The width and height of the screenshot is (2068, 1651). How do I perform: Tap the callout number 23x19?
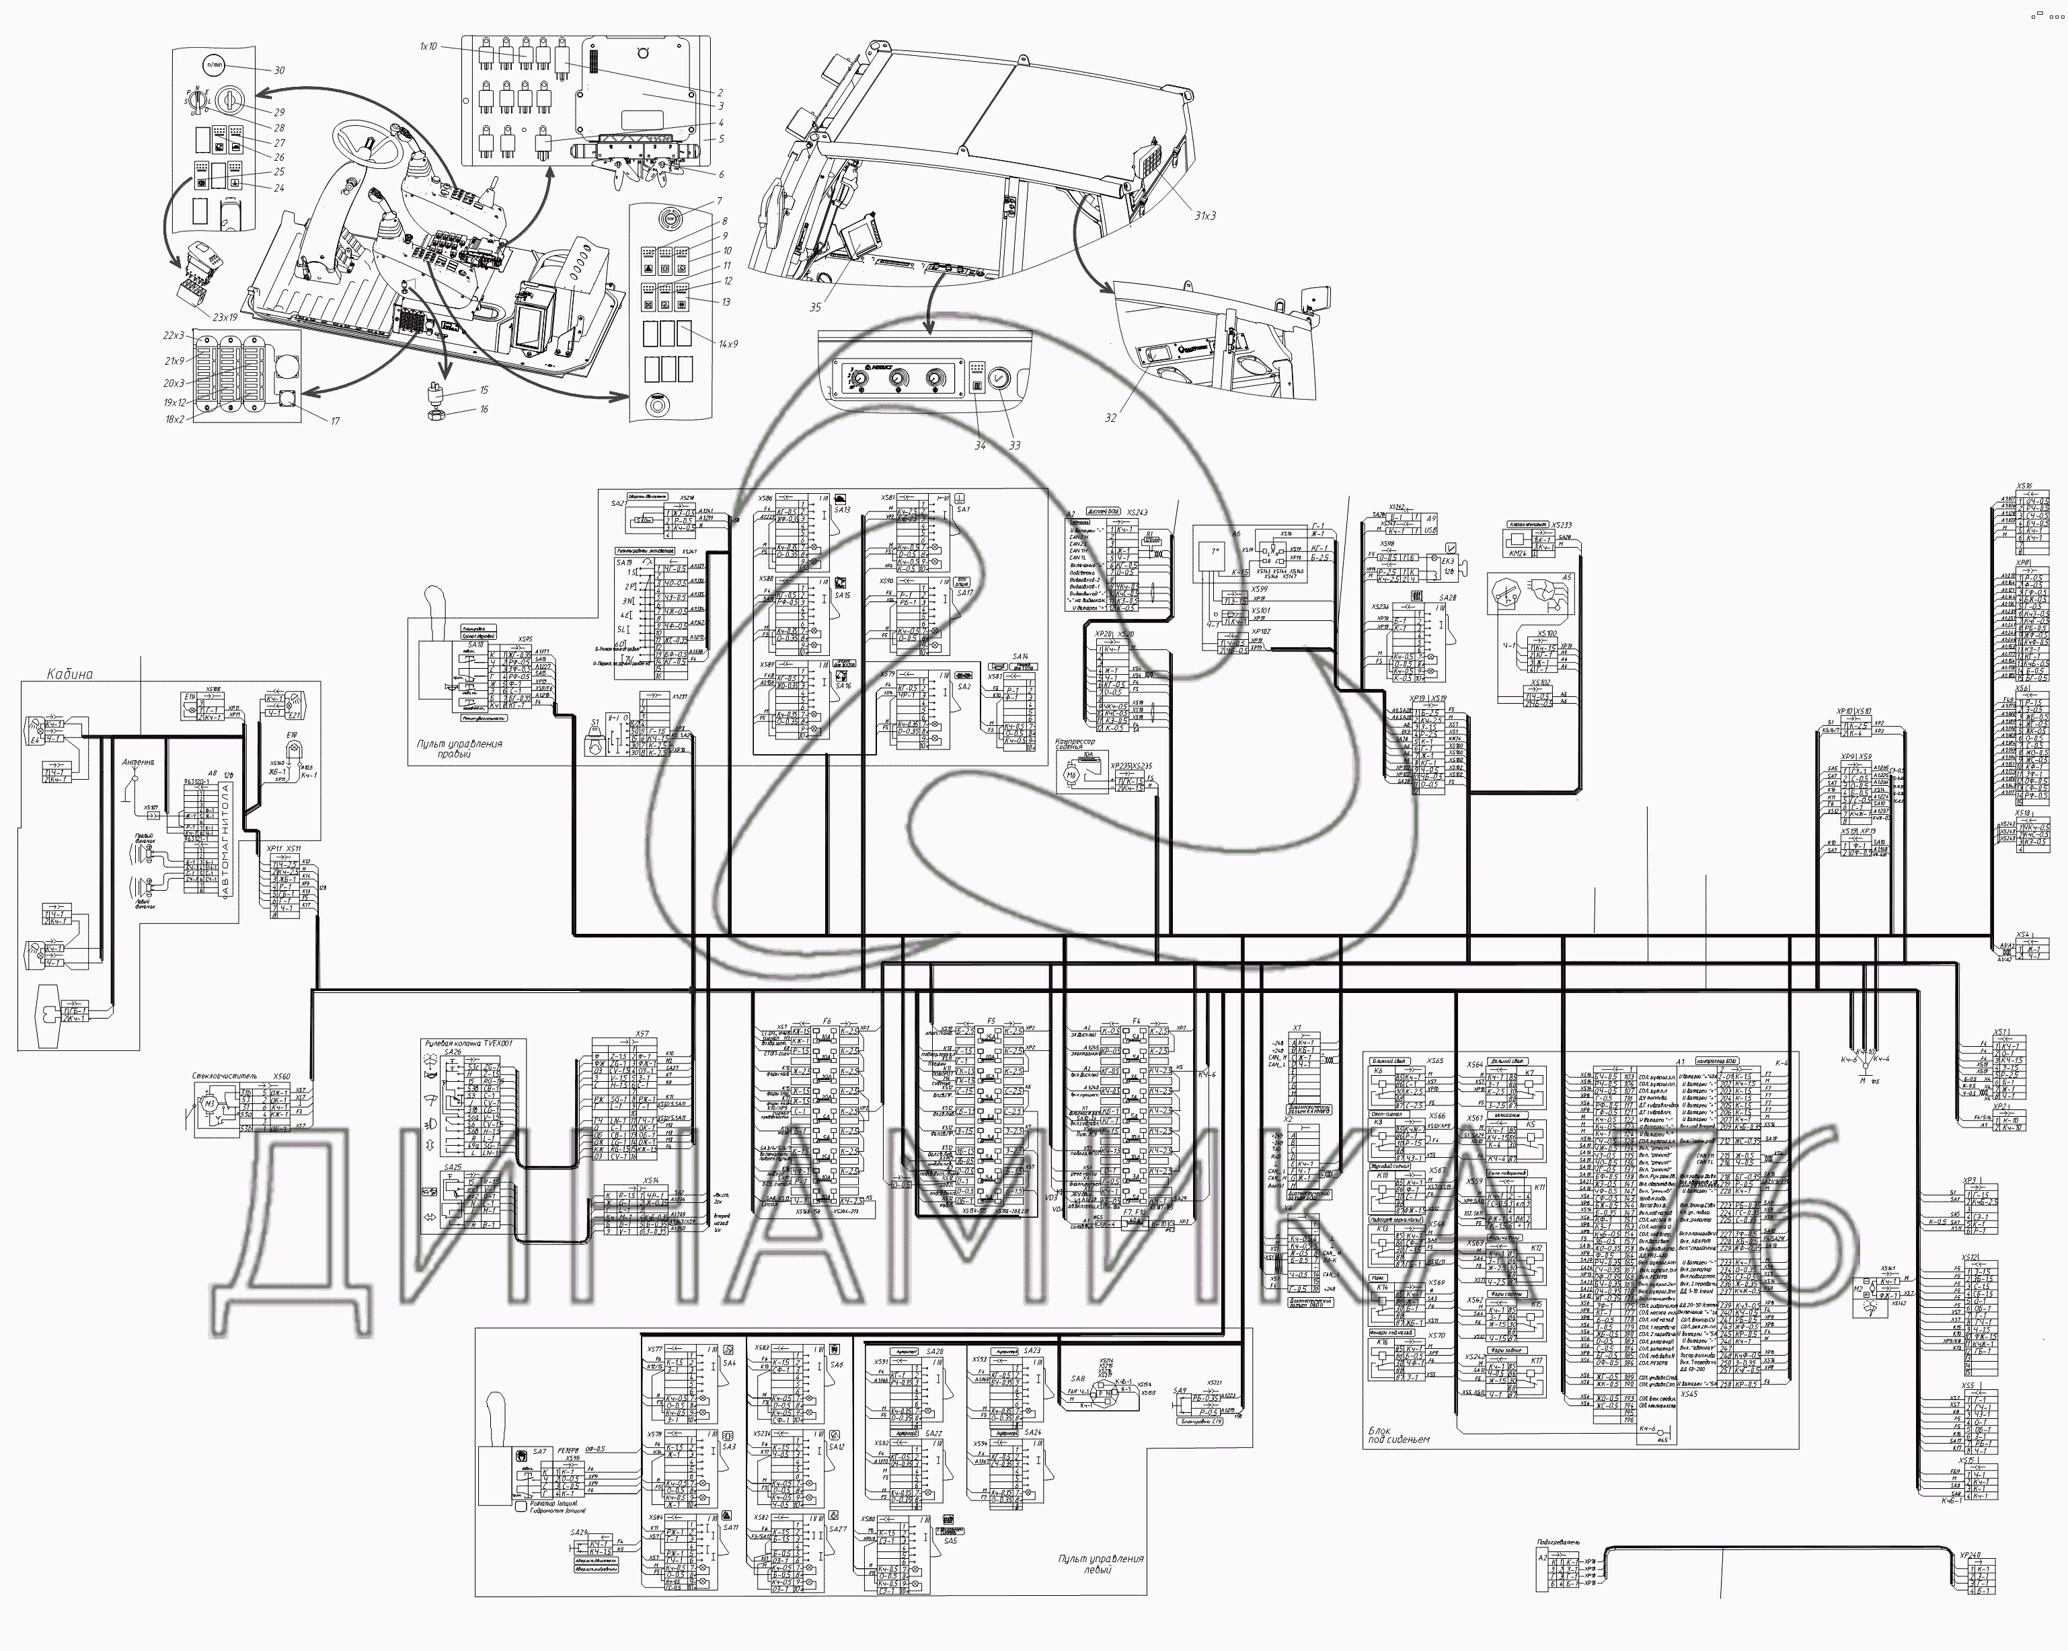click(x=225, y=317)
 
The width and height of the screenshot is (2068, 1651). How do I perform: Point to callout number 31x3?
click(x=1204, y=216)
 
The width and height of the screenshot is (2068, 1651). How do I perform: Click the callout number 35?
click(x=815, y=307)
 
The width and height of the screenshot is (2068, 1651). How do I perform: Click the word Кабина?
click(x=70, y=673)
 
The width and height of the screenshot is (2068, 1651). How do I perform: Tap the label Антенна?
click(x=137, y=763)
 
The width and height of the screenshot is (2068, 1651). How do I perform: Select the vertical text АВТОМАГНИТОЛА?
click(x=227, y=840)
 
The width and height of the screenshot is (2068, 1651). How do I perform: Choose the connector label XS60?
click(x=281, y=1077)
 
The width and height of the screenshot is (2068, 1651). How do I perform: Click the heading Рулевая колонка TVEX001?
click(x=468, y=1043)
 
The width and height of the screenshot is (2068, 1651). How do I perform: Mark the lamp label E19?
click(x=190, y=696)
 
